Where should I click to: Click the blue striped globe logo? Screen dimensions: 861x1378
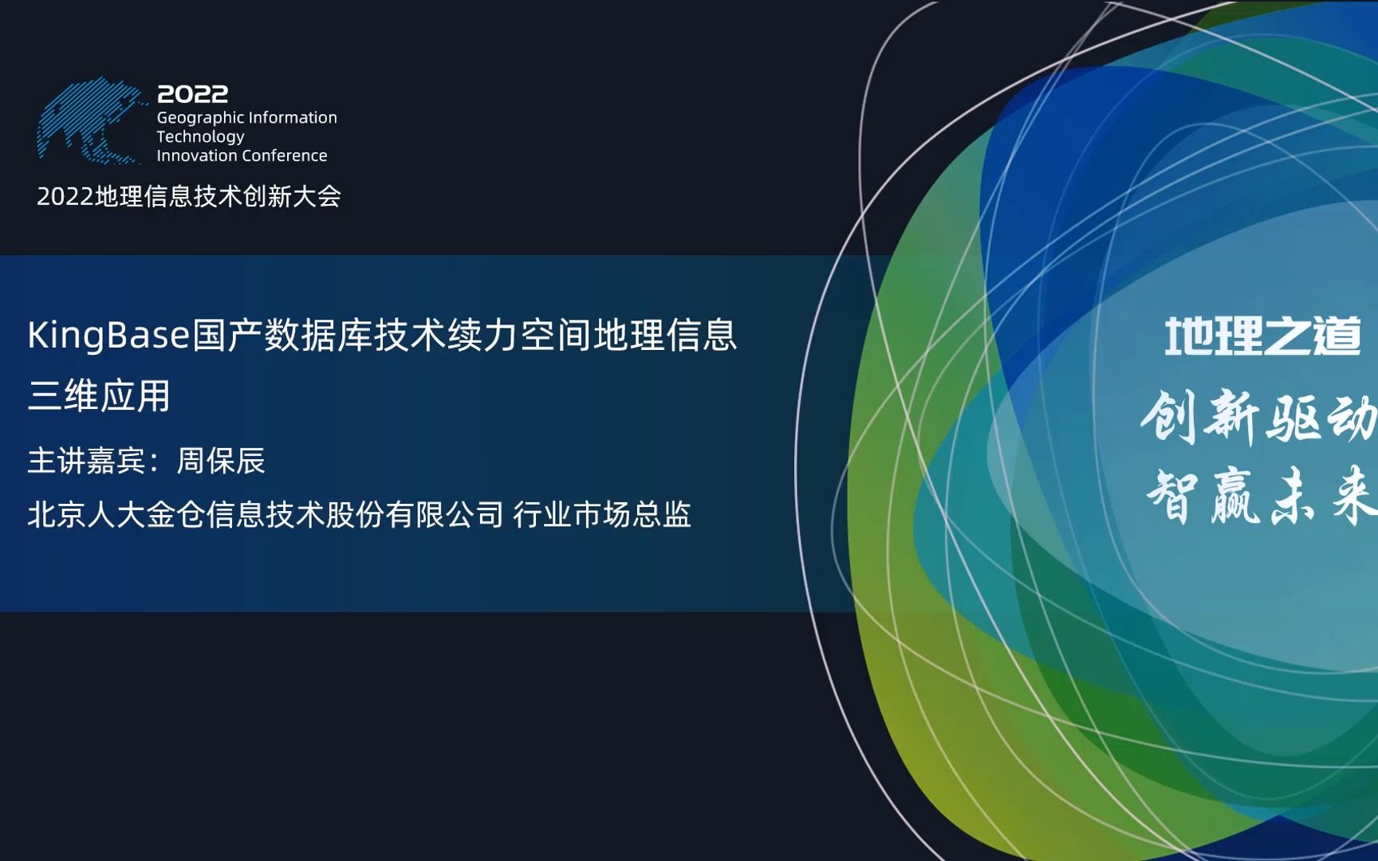[x=89, y=121]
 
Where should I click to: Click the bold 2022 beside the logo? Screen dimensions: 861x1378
[x=193, y=94]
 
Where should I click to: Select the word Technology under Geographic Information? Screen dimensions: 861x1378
[x=200, y=137]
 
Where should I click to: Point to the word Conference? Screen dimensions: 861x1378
[x=289, y=155]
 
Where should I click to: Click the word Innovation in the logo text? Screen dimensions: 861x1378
[x=196, y=155]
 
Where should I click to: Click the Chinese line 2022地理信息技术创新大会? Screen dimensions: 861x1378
[x=189, y=196]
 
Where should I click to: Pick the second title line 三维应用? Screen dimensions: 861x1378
[x=99, y=395]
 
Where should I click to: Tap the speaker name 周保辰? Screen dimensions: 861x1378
[x=221, y=461]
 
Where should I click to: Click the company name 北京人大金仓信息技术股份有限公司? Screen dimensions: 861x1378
[x=266, y=515]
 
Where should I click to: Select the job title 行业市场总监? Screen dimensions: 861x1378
[x=602, y=515]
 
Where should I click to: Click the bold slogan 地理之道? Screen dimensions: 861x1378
[x=1262, y=336]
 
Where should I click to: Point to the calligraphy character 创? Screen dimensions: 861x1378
[x=1168, y=416]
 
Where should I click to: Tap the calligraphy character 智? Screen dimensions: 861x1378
[x=1172, y=496]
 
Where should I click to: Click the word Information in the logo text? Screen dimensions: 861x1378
[x=292, y=118]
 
